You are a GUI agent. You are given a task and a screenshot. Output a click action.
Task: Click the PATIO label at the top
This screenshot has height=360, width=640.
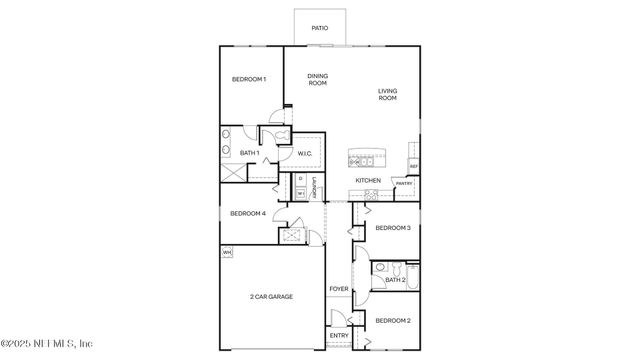pos(319,28)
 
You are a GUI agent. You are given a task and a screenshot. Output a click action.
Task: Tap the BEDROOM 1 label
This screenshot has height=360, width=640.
pos(249,80)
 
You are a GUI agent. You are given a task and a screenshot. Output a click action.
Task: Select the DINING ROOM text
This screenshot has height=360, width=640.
pos(317,80)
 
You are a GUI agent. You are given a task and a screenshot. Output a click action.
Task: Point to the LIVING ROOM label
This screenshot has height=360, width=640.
pos(387,96)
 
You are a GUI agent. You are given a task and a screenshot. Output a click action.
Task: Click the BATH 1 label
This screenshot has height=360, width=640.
pos(250,153)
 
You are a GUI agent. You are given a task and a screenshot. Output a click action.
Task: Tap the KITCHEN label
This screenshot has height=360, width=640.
pos(368,180)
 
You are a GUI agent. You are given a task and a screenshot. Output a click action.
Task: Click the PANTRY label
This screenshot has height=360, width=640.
pos(404,184)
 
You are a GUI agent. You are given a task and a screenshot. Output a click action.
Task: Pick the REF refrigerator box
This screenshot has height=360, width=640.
pos(413,166)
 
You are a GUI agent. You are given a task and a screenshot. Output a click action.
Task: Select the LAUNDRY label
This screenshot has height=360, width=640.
pos(314,187)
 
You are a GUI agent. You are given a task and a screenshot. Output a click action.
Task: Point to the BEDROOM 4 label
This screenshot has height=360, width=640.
pos(248,213)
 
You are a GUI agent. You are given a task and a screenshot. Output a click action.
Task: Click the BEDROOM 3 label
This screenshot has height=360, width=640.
pos(393,228)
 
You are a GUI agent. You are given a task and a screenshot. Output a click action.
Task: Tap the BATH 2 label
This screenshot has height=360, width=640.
pos(394,280)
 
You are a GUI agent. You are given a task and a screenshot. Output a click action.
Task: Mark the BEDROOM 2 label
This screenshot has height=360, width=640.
pos(393,320)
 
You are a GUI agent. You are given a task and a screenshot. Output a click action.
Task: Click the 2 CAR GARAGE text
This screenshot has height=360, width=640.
pos(271,297)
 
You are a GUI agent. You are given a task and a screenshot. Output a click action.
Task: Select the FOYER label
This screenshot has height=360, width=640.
pos(338,289)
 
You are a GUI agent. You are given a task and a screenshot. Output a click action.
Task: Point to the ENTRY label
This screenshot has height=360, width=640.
pos(339,336)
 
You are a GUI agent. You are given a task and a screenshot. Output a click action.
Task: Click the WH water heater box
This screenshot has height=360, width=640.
pos(227,252)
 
